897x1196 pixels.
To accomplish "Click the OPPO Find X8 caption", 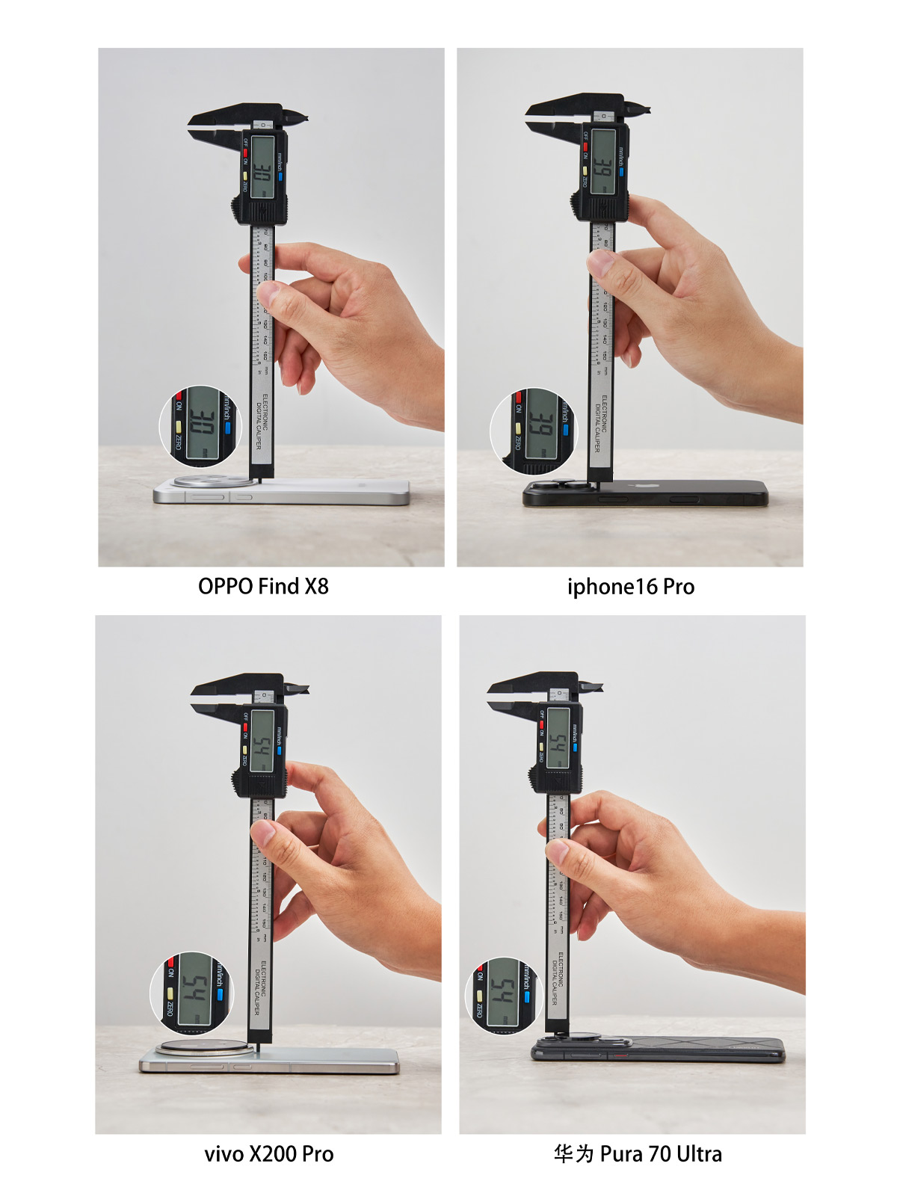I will (263, 586).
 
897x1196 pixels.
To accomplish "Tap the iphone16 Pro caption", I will (630, 587).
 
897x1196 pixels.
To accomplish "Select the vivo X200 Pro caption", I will (268, 1153).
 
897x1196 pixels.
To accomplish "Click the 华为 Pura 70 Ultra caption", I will (638, 1153).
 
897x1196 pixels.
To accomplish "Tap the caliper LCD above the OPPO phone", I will (262, 167).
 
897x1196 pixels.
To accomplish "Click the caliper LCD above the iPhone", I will (603, 161).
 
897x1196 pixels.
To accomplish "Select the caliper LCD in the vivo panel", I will (262, 740).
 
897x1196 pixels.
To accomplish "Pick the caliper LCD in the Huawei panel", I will (558, 737).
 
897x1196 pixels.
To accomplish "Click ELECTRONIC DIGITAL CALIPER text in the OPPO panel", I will (262, 422).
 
